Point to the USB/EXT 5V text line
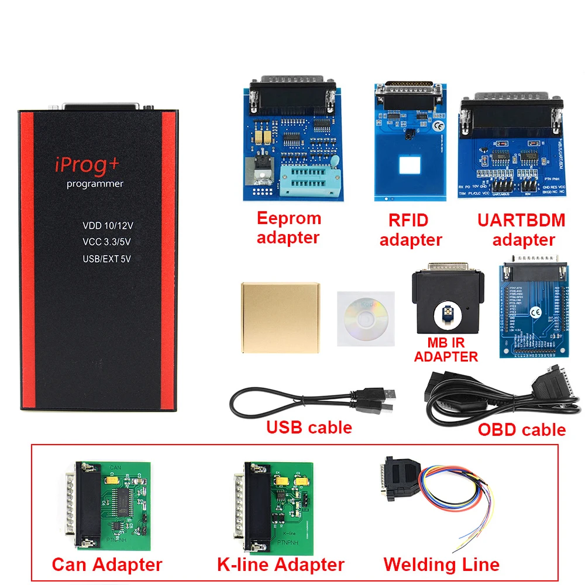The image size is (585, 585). coord(106,258)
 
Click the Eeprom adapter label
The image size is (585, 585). coord(288,228)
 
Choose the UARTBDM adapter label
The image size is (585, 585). coord(522,229)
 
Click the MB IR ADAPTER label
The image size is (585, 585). coord(446,350)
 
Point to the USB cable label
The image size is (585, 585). coord(309,427)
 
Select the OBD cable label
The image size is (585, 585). coord(522,430)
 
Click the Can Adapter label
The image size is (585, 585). coord(107,564)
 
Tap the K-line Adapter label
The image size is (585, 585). coord(281,564)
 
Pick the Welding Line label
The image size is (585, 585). coord(441,564)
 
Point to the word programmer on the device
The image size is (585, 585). coord(94,184)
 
